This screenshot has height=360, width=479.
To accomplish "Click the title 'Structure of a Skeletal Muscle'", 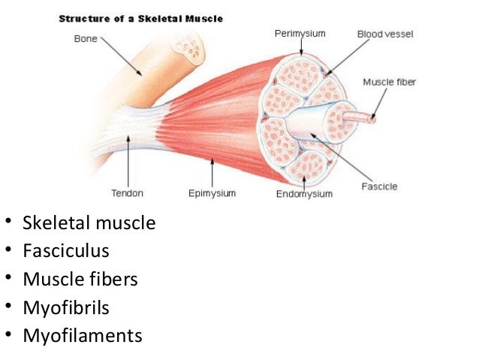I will point(141,19).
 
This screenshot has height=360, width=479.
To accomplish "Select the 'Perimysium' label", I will point(300,34).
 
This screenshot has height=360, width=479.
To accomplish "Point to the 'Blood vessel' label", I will point(384,35).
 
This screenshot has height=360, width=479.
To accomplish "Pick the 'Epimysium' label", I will point(212,193).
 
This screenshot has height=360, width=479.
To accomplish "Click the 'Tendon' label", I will point(128,193).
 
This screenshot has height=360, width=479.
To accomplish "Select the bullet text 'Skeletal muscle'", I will point(89,222).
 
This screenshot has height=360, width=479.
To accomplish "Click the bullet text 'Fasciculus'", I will point(66,250).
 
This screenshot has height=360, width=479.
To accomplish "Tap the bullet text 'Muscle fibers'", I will point(80,279).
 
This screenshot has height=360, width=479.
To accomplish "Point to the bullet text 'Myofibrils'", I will point(65,307).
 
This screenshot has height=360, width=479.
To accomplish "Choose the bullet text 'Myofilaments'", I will point(82,335).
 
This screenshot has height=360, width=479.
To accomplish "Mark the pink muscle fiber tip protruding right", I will point(371,117).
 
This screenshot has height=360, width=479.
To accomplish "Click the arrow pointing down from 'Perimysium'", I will point(301,47).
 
